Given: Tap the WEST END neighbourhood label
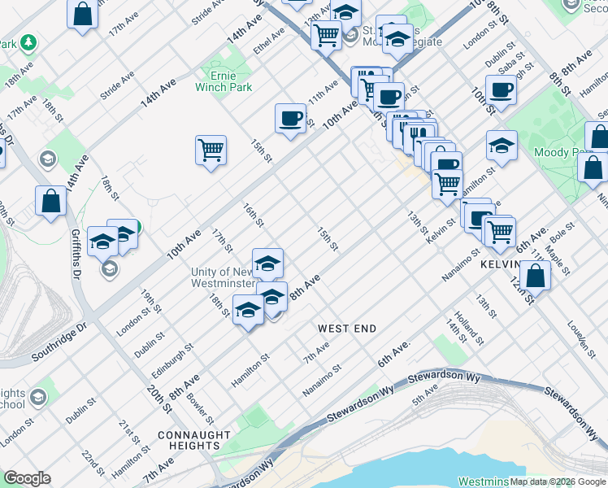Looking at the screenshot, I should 346,329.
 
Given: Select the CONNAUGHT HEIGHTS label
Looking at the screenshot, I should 194,442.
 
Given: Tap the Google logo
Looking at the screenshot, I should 27,478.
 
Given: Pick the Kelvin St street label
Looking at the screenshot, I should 440,220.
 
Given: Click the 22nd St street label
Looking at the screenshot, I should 93,464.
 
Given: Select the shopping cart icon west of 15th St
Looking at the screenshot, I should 211,150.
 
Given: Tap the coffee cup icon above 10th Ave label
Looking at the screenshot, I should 290,119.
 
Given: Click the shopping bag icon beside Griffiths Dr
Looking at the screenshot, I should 50,201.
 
